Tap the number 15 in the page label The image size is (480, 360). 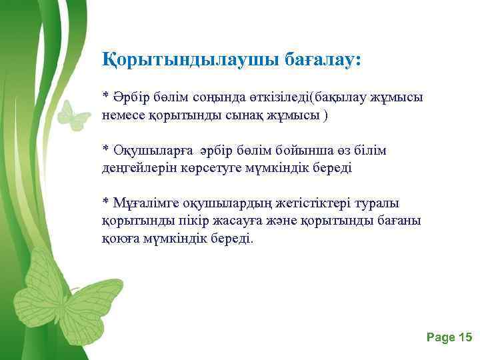point(465,338)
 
